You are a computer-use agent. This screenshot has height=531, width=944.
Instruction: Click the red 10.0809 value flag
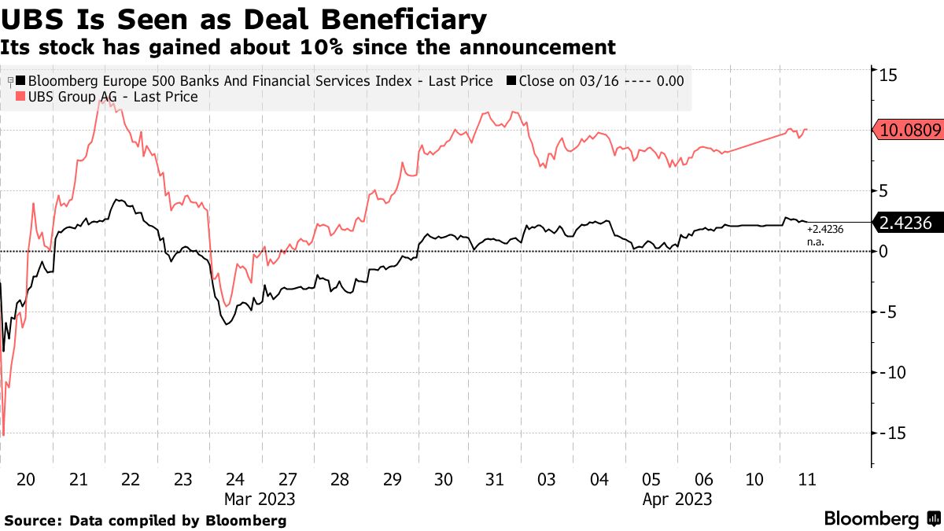(909, 131)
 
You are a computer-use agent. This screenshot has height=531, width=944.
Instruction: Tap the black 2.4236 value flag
(909, 223)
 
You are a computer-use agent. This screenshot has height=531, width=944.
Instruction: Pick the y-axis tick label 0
(883, 252)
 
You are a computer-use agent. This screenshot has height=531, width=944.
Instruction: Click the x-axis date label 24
(235, 480)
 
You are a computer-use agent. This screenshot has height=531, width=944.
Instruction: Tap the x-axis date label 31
(495, 480)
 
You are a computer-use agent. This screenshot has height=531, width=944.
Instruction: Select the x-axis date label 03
(547, 480)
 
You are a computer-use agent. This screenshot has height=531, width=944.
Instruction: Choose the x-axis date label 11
(806, 480)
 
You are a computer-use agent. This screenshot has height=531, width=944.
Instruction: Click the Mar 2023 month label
(260, 500)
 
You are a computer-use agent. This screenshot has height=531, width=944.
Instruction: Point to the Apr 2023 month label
(677, 500)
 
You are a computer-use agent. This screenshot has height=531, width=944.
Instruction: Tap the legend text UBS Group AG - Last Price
(112, 97)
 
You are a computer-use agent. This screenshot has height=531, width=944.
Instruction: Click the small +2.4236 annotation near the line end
(825, 229)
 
